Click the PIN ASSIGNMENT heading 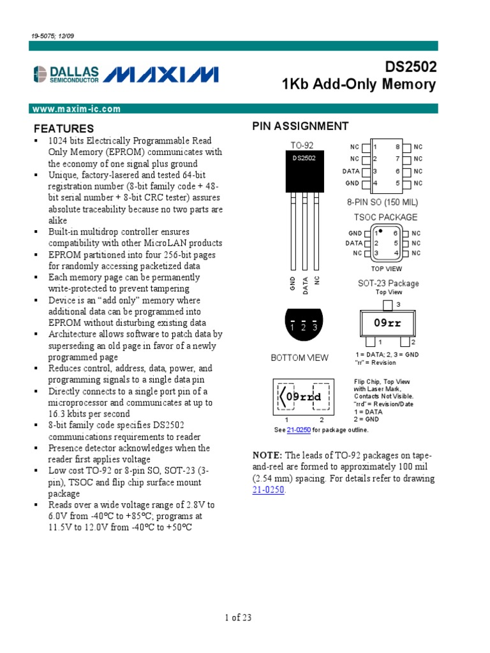pos(301,126)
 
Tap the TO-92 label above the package pos(302,145)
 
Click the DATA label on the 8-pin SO pos(351,171)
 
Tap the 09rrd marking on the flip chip pos(302,397)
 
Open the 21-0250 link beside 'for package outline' pos(299,430)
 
